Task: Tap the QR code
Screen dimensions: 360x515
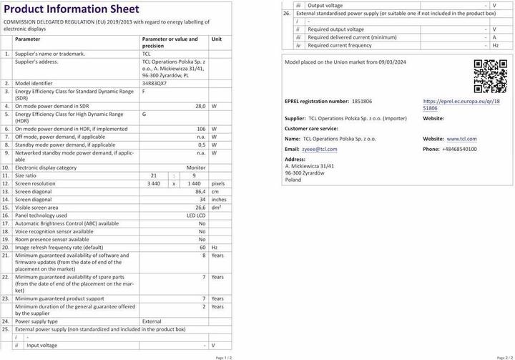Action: tap(490, 76)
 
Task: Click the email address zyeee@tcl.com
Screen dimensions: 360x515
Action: tap(319, 149)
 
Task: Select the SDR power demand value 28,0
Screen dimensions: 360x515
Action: tap(200, 105)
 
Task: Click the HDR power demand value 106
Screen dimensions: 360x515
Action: tap(201, 128)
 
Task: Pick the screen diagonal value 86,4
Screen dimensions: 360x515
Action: tap(200, 192)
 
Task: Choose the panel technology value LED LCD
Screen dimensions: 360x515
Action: tap(196, 215)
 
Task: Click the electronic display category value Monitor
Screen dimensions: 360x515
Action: tap(196, 167)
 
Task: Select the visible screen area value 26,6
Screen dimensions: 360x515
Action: tap(200, 207)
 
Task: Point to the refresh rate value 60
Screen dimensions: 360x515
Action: tap(202, 246)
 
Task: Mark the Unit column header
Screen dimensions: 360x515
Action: tap(217, 39)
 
